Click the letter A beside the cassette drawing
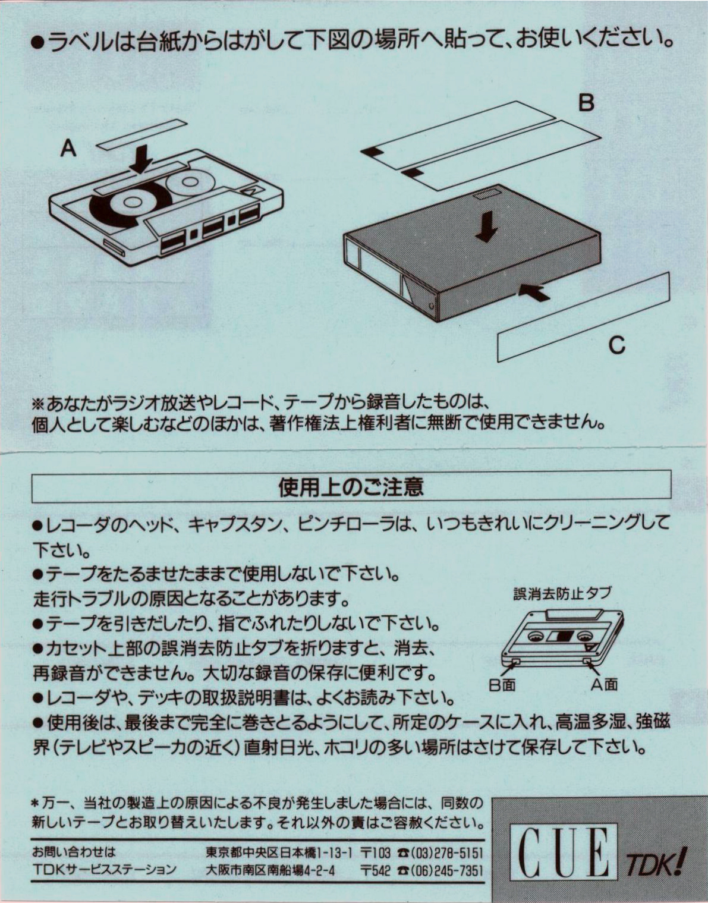click(x=69, y=149)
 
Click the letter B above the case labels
click(x=586, y=103)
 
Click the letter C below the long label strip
click(x=617, y=344)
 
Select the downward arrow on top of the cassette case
click(x=486, y=226)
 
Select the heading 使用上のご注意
click(x=351, y=487)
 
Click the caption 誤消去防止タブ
click(x=562, y=593)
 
